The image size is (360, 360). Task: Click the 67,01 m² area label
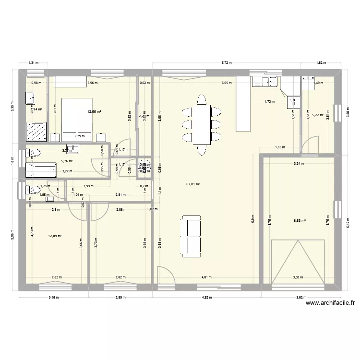click(x=192, y=183)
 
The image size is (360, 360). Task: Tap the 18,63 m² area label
click(x=299, y=221)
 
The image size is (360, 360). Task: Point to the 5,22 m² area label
click(x=318, y=115)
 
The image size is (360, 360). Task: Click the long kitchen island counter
click(x=243, y=103)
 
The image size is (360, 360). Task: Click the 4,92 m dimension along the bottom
click(x=206, y=297)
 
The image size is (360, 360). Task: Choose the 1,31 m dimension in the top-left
click(x=33, y=63)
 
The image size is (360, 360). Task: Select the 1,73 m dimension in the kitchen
click(x=269, y=102)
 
